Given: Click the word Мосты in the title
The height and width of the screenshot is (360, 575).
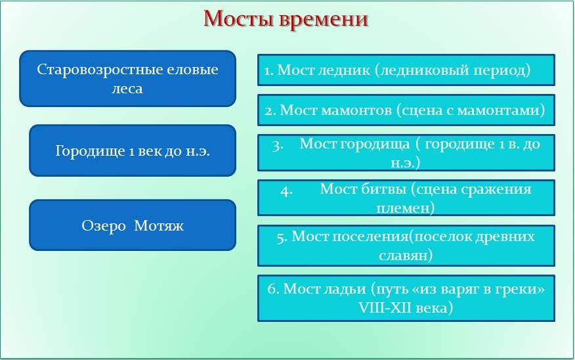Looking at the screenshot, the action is pyautogui.click(x=238, y=18).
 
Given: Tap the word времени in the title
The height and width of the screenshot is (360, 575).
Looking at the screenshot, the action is pyautogui.click(x=324, y=20).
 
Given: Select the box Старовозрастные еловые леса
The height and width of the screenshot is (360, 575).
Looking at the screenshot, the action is pyautogui.click(x=127, y=79).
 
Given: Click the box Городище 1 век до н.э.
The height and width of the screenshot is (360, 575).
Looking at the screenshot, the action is pyautogui.click(x=133, y=150).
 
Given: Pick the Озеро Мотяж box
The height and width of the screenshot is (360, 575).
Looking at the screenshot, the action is pyautogui.click(x=133, y=225).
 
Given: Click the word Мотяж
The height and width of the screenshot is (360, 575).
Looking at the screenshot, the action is pyautogui.click(x=158, y=226).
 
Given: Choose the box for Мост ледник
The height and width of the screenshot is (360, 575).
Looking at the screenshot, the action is pyautogui.click(x=406, y=70).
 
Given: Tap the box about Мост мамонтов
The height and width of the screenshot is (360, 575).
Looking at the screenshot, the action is pyautogui.click(x=406, y=110).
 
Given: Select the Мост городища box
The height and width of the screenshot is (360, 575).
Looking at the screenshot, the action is pyautogui.click(x=406, y=152).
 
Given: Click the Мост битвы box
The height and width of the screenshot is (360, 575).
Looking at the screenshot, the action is pyautogui.click(x=406, y=198).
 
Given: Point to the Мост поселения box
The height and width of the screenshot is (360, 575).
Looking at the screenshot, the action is pyautogui.click(x=406, y=246).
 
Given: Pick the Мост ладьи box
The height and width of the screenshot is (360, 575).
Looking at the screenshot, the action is pyautogui.click(x=406, y=298).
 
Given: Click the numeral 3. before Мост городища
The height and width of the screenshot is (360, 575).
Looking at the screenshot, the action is pyautogui.click(x=278, y=145).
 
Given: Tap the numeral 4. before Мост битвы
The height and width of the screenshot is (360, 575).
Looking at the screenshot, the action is pyautogui.click(x=286, y=191).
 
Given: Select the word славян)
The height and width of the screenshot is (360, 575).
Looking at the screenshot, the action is pyautogui.click(x=406, y=255).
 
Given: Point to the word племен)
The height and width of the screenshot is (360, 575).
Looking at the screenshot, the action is pyautogui.click(x=405, y=208).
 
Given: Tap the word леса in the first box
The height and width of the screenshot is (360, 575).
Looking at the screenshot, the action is pyautogui.click(x=127, y=89).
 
